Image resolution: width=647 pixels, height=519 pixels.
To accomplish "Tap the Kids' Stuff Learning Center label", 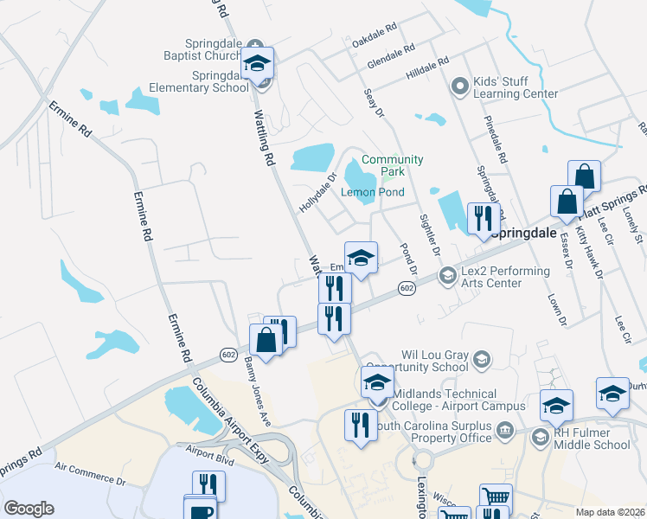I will coord(514,87).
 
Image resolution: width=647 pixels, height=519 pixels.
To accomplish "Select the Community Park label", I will coord(392,165).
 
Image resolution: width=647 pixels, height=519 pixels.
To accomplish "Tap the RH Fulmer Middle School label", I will coord(593,439).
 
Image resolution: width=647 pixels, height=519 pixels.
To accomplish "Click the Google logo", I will coord(29,508).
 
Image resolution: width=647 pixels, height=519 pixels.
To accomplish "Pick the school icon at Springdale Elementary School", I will coord(257,63).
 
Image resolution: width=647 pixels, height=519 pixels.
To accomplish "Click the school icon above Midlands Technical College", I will coord(377,381).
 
